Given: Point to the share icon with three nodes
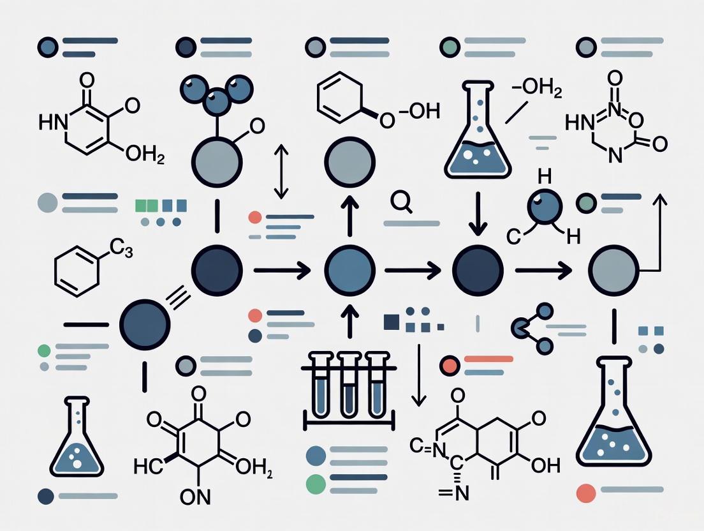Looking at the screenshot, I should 532,329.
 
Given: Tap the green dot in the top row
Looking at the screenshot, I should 450,47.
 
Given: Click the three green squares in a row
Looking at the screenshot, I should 147,206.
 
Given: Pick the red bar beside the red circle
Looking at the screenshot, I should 489,359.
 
